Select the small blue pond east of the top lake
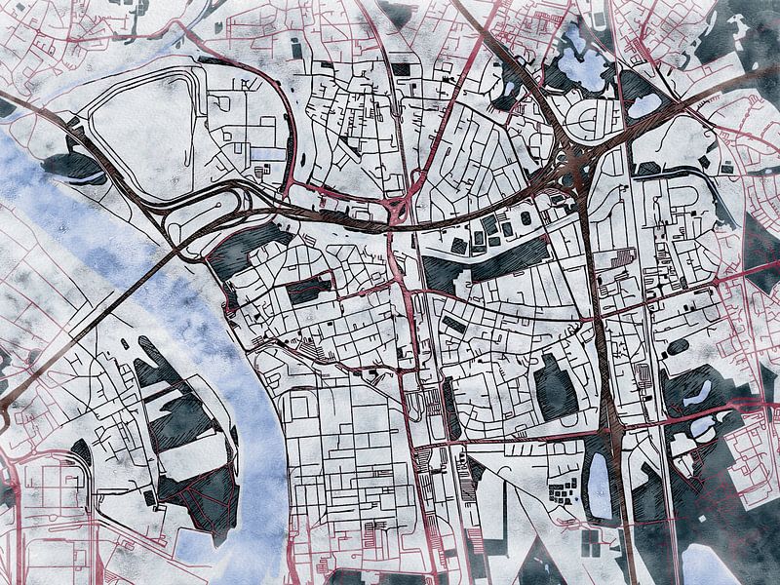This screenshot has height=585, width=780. coord(644,104)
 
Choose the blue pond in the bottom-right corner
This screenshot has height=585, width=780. coord(707,566)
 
